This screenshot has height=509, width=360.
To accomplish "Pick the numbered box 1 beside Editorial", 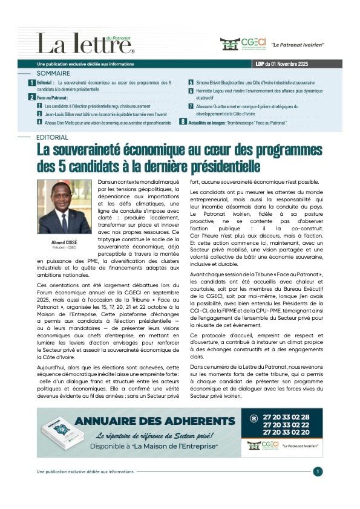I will pos(31,82).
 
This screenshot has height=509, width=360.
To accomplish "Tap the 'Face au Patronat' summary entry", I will pos(52,97).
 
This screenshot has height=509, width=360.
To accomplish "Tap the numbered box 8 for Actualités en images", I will pos(183,122).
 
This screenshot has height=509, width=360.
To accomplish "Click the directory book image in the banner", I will pos(61,434).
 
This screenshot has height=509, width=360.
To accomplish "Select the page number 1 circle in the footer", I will pos(318,472).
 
